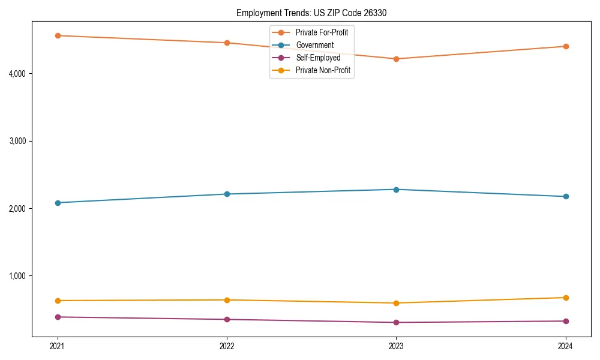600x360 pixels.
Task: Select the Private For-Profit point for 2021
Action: [58, 35]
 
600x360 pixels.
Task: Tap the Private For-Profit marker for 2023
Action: [396, 59]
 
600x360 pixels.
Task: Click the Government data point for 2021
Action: [58, 203]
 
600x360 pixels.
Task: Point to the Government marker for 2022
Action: [227, 194]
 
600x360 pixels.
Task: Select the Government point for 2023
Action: [396, 190]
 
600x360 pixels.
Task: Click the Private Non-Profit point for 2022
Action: [227, 300]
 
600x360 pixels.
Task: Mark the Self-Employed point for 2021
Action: [58, 317]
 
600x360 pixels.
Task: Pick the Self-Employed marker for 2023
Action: [396, 322]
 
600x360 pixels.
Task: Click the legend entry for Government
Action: [314, 45]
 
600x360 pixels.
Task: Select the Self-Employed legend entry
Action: [318, 58]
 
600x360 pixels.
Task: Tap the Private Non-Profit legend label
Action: [323, 70]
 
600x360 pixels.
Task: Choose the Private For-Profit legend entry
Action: [322, 32]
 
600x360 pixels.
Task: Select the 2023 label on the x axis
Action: [396, 346]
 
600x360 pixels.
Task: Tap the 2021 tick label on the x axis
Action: [58, 346]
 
